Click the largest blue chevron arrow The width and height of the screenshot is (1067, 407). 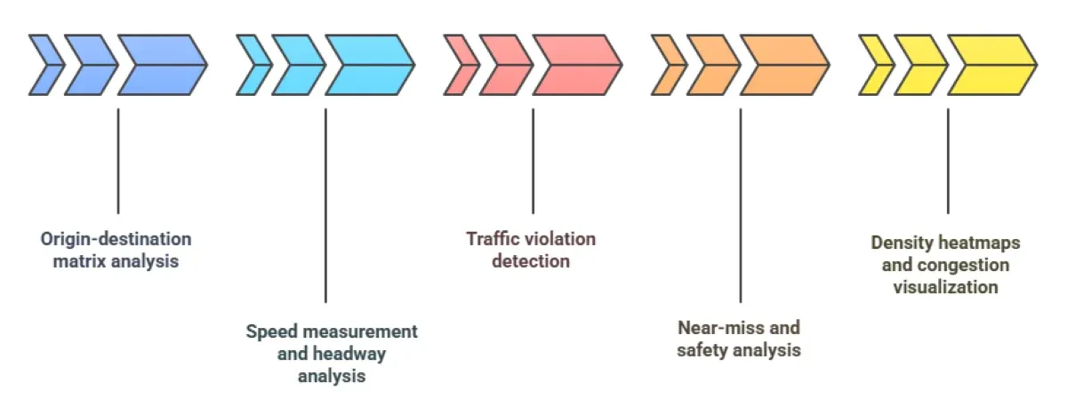point(160,65)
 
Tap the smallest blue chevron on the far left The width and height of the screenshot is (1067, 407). point(44,65)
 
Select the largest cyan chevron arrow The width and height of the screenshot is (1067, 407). point(367,65)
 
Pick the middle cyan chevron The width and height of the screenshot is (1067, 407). point(297,65)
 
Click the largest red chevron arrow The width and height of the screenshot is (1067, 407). point(575,65)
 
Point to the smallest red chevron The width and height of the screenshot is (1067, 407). point(459,65)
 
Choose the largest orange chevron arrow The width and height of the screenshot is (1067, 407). point(782,65)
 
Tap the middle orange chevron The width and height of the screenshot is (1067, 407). point(712,65)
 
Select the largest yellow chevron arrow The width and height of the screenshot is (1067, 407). point(990,65)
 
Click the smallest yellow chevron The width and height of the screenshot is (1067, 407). point(874,65)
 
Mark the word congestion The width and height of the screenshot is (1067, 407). point(966,265)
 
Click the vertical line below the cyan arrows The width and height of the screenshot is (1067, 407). point(325,204)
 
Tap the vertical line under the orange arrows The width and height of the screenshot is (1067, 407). point(741,204)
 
